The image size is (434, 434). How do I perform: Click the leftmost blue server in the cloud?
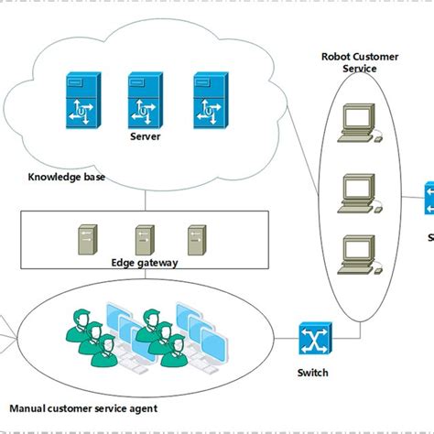(79, 100)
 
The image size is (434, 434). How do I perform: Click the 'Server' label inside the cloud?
(145, 136)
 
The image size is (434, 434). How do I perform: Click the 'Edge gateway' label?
(146, 263)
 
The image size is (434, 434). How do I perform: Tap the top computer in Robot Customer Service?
(357, 122)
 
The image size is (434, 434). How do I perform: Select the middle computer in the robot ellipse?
(357, 190)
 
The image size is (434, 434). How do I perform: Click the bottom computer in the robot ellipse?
(357, 255)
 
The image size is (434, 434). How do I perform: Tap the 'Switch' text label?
(312, 373)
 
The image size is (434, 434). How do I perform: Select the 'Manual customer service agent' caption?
(83, 407)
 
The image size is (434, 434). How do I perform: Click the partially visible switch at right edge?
(429, 200)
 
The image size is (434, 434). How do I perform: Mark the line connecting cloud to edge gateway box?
(145, 199)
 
